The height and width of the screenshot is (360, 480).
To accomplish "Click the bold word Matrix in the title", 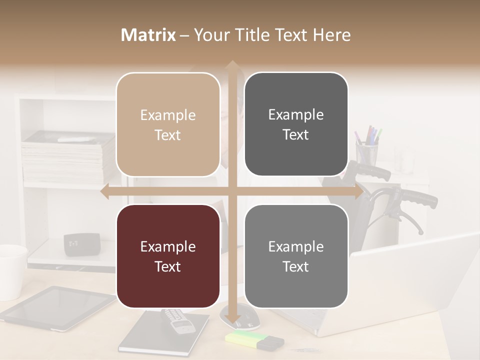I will point(148,35).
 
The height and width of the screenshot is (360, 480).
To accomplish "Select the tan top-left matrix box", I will point(168,124).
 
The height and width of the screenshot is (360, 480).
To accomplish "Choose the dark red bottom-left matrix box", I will point(168,256).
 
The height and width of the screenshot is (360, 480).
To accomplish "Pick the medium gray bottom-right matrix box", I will point(296,256).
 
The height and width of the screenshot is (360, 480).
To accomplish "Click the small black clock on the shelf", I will point(81,244).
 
